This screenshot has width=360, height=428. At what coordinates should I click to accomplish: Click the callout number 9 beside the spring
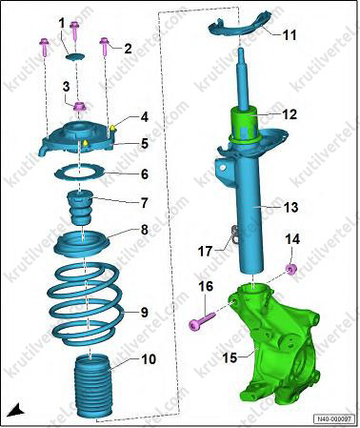[x=145, y=312]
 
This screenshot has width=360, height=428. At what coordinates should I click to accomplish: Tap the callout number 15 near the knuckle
[x=230, y=357]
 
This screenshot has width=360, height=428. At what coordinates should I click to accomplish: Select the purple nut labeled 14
[x=291, y=269]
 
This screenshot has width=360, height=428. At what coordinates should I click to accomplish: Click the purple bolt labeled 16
[x=202, y=319]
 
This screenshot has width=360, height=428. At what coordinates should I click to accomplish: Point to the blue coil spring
[x=86, y=304]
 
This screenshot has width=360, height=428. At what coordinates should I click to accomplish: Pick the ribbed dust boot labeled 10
[x=91, y=388]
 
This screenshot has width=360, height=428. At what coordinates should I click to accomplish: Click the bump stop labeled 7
[x=79, y=207]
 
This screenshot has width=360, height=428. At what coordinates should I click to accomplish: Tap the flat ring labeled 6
[x=80, y=173]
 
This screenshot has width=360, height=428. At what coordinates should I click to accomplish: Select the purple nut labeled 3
[x=79, y=107]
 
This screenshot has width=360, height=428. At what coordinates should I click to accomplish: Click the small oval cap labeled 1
[x=76, y=57]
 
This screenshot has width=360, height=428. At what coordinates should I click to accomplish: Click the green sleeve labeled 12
[x=246, y=127]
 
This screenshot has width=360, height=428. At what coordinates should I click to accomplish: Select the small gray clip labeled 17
[x=234, y=234]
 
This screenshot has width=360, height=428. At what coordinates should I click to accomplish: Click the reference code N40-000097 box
[x=333, y=419]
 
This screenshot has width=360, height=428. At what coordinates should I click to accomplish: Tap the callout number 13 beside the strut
[x=290, y=207]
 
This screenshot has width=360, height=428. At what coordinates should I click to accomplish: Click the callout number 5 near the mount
[x=145, y=143]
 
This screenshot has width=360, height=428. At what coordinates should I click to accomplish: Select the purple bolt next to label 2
[x=104, y=47]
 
